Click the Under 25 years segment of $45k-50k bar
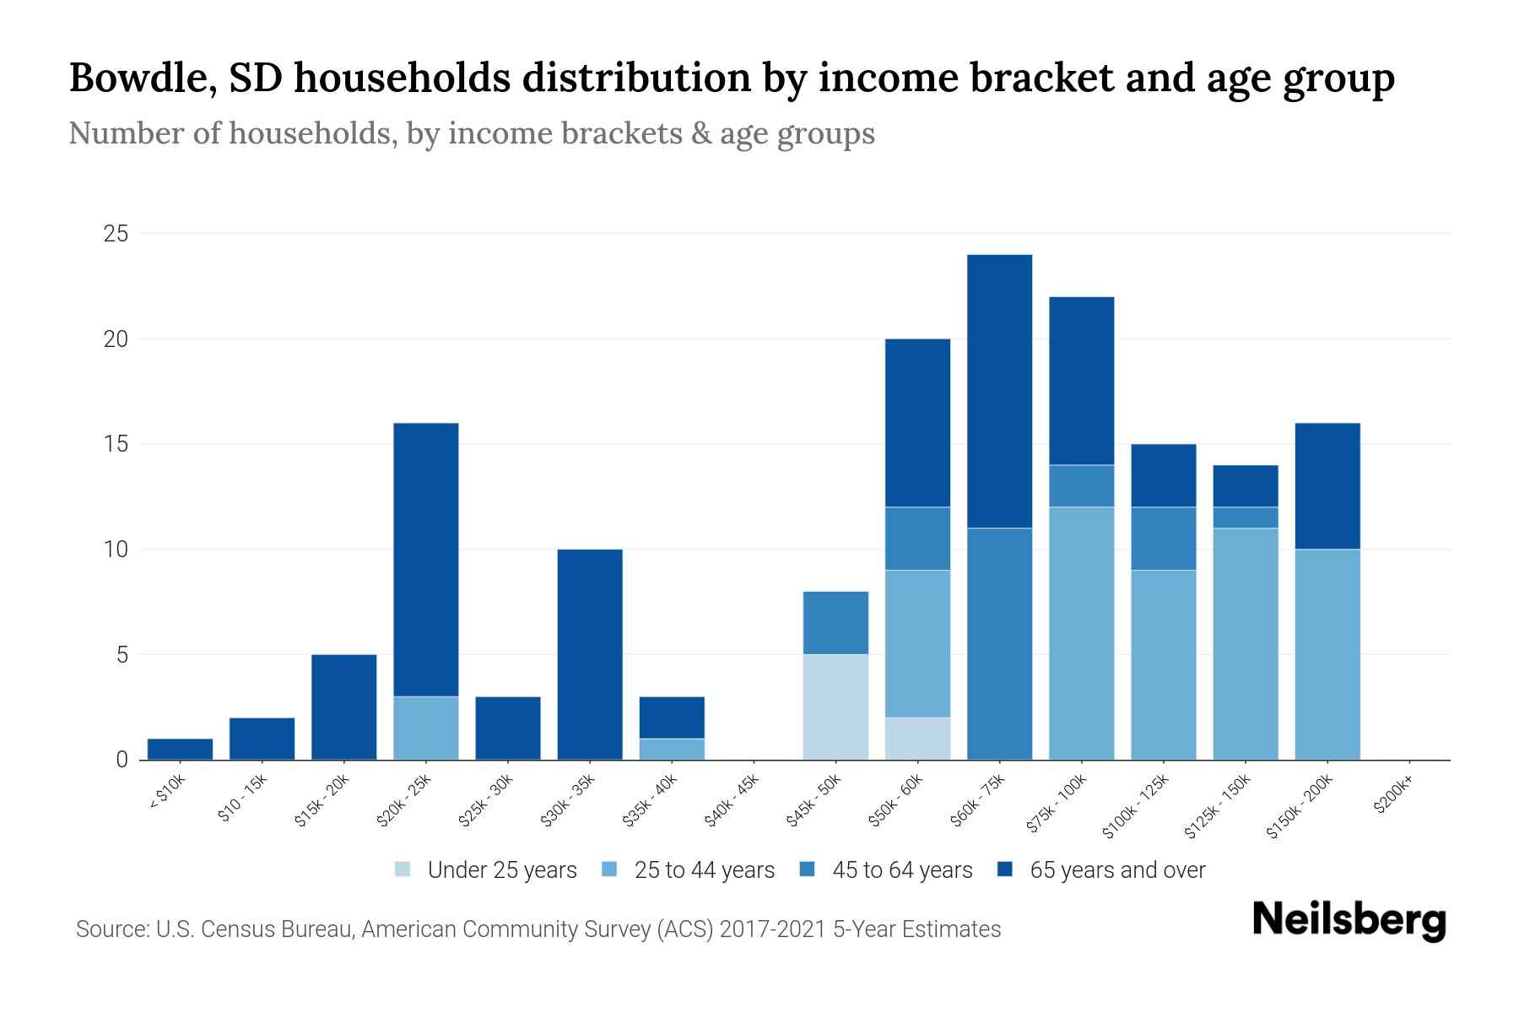coord(835,707)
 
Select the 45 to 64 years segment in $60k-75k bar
coord(999,643)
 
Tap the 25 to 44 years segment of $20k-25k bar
coord(426,728)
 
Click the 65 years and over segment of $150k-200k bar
coord(1327,485)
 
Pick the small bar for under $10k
coord(180,749)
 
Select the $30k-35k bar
coord(590,654)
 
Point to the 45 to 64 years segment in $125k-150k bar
coord(1246,517)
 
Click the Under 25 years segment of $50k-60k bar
coord(917,738)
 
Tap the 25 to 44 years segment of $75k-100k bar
coord(1081,633)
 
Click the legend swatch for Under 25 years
coord(403,869)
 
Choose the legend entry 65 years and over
coord(1116,869)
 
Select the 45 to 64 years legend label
coord(902,869)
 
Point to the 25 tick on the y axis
coord(116,234)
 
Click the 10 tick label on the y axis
coord(116,550)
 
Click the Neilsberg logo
coord(1349,920)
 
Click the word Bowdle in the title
coord(135,78)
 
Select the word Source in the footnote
coord(111,929)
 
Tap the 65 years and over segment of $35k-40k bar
coord(672,718)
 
